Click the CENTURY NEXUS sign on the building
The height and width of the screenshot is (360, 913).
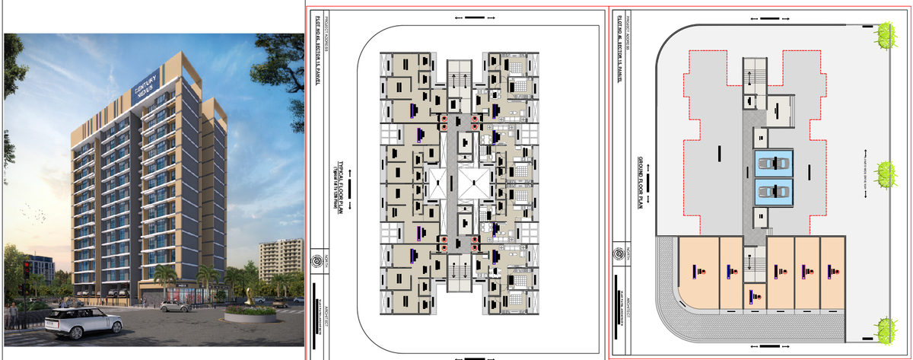coord(145,84)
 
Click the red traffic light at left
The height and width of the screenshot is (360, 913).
coord(27,266)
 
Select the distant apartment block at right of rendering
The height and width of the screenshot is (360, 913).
coord(278,259)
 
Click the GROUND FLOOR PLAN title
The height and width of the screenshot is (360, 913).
coord(641,183)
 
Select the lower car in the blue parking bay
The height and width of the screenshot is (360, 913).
coord(773,192)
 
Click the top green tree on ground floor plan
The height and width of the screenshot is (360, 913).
coord(884,34)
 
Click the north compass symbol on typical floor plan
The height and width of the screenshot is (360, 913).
coord(317,261)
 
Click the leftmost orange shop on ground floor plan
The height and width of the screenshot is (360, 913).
coord(698,272)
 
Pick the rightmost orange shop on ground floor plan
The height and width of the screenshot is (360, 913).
coord(831,272)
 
